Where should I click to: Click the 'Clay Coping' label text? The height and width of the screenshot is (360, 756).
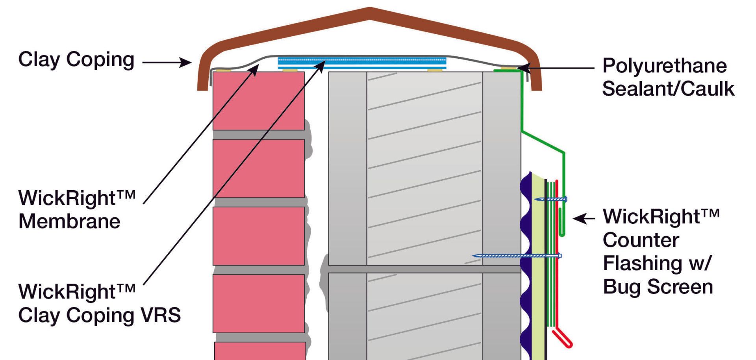point(76,60)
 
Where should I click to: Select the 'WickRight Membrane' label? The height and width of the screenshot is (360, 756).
point(77,209)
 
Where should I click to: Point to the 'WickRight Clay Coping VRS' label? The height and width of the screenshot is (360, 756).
point(99,303)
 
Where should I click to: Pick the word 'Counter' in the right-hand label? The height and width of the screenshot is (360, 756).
point(641,240)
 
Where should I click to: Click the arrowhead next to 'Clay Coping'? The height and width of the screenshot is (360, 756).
point(185,62)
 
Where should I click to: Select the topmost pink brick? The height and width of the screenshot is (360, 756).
point(258,101)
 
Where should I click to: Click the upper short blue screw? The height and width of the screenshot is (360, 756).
point(550,199)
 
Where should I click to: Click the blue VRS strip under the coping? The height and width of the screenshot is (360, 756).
point(362,62)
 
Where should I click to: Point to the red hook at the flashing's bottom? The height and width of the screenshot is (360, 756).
point(563,339)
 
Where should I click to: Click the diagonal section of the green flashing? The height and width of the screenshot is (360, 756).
point(543,141)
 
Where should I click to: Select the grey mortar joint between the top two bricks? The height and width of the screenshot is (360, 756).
point(258,135)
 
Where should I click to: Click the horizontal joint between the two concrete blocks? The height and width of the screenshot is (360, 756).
point(424,269)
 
